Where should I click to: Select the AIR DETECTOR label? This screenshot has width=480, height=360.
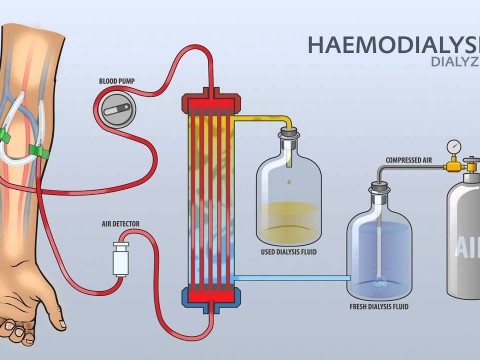(x=119, y=225)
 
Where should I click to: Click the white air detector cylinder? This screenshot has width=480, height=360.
(x=121, y=257)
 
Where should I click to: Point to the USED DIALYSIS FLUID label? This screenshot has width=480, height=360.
(x=289, y=251)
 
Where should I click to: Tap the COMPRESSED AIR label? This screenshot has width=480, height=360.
(x=409, y=160)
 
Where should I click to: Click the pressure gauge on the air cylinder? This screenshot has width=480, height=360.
(x=455, y=146)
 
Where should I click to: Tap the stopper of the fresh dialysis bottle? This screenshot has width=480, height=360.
(x=380, y=186)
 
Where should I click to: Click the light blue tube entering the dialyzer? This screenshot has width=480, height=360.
(x=290, y=277)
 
